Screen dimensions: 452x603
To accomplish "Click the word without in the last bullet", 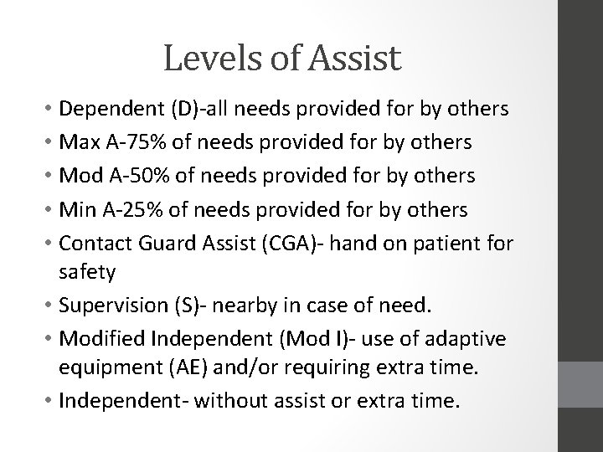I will click(259, 400).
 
